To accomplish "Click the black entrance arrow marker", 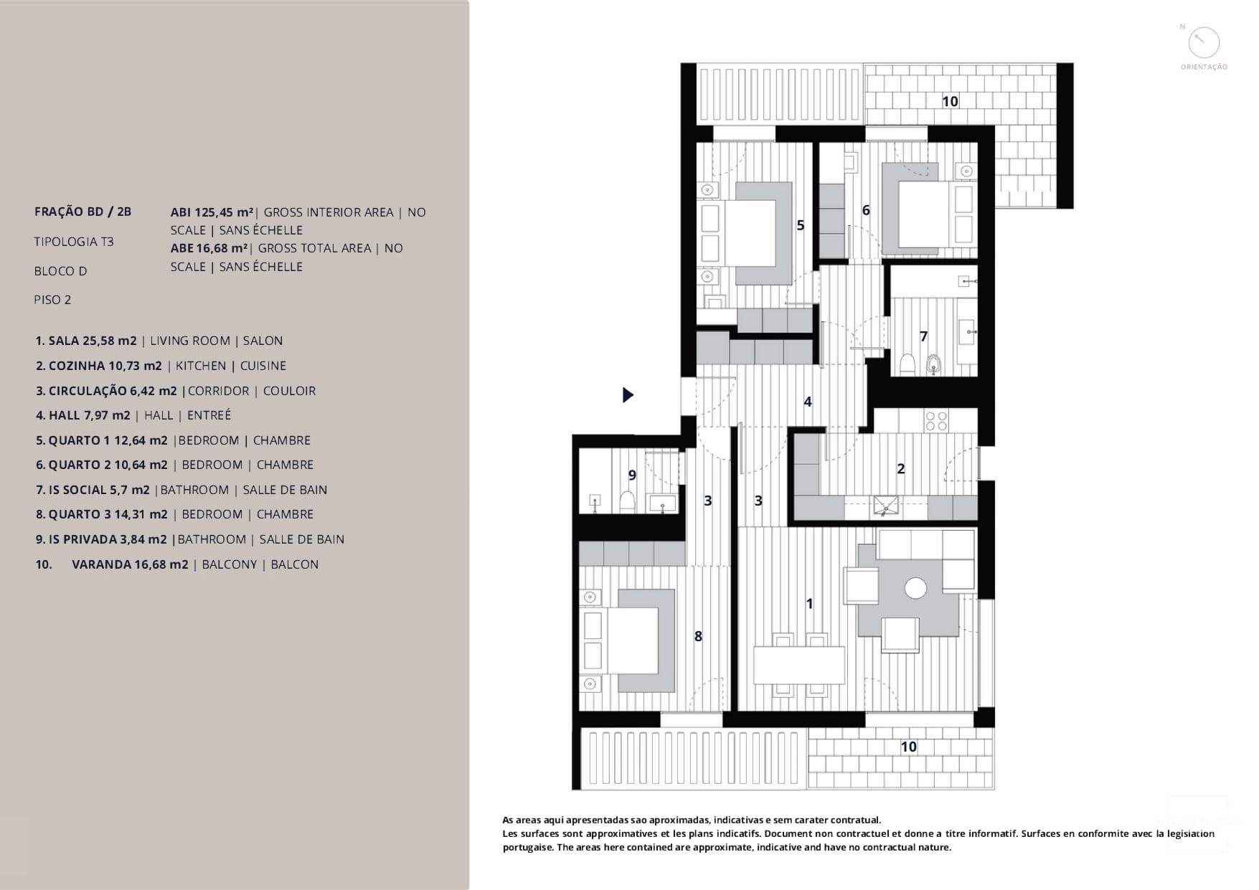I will (628, 394).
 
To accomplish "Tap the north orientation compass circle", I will (1204, 43).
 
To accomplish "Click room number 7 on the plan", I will (923, 336).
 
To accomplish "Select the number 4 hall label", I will (808, 402).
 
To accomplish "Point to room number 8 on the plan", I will (698, 636).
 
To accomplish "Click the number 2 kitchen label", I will (901, 469).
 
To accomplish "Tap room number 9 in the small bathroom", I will (632, 475).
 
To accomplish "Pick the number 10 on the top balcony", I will (950, 102).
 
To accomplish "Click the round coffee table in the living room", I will (915, 588).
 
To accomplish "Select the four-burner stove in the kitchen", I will (936, 421).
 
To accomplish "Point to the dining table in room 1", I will (799, 665).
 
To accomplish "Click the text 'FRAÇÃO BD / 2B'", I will (83, 212).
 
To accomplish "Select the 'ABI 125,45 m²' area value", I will (212, 212).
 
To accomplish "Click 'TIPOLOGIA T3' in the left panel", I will (74, 242).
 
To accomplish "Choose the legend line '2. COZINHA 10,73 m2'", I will (99, 366).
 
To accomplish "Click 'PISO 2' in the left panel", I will (52, 300).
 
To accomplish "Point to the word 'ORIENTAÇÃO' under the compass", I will (1204, 67).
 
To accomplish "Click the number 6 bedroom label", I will (866, 211).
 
